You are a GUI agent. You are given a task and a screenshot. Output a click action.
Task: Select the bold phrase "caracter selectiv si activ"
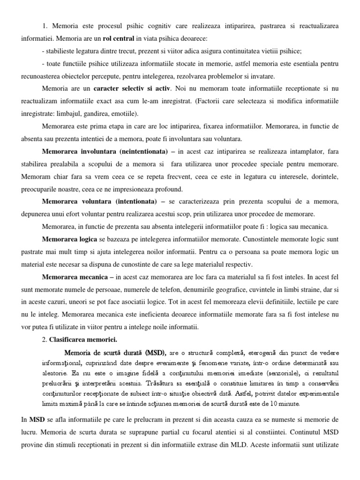[x=132, y=88]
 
